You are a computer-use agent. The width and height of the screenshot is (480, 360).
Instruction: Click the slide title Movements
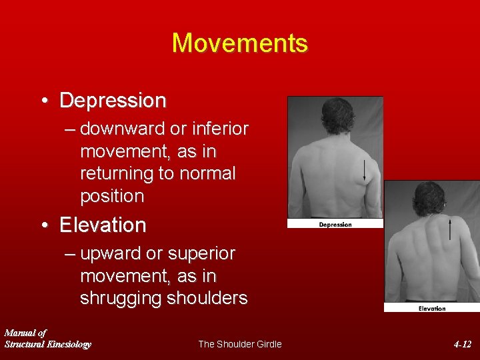click(240, 43)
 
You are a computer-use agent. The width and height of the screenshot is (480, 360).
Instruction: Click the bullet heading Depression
click(113, 101)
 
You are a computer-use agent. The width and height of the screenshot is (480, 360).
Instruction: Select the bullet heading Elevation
click(103, 225)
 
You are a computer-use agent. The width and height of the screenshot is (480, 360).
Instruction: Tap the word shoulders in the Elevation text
click(207, 298)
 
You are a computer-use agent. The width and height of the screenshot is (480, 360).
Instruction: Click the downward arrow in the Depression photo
click(364, 170)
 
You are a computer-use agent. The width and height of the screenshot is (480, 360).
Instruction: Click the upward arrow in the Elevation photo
click(450, 229)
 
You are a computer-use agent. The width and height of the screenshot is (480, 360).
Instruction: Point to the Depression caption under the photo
click(335, 225)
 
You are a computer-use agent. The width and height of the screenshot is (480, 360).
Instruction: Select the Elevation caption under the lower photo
click(432, 309)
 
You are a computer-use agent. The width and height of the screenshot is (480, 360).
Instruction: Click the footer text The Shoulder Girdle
click(240, 344)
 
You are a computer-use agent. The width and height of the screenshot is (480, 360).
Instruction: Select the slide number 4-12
click(462, 344)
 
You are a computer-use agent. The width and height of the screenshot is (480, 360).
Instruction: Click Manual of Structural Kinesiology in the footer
click(47, 338)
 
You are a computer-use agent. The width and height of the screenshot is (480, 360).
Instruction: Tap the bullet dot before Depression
click(43, 101)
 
